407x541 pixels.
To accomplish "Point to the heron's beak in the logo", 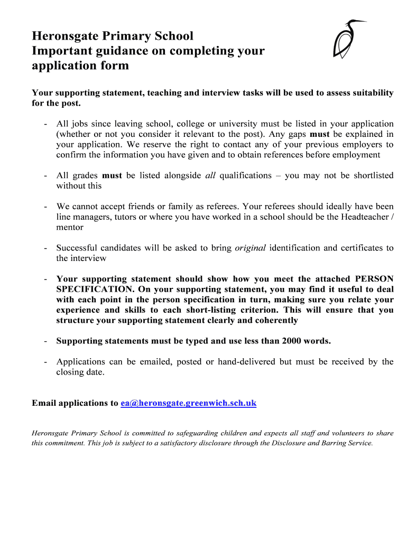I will pyautogui.click(x=362, y=21).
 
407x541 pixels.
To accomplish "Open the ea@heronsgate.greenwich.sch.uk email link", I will pyautogui.click(x=188, y=403).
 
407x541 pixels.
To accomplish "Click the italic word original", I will pyautogui.click(x=250, y=248).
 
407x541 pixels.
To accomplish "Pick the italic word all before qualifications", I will pyautogui.click(x=210, y=175).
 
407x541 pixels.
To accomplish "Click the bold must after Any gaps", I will pyautogui.click(x=319, y=134).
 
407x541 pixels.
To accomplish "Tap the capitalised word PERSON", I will pyautogui.click(x=374, y=279).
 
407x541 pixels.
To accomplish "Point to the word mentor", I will pyautogui.click(x=70, y=227).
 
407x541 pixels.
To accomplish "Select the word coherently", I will pyautogui.click(x=275, y=320).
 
